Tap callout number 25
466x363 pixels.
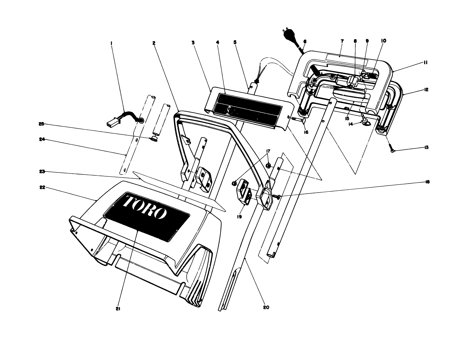click(x=41, y=124)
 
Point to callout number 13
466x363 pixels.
click(x=426, y=148)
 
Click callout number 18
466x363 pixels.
click(x=427, y=182)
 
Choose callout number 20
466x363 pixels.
click(x=266, y=307)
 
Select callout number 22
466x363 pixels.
click(x=42, y=188)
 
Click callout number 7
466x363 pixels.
click(x=342, y=41)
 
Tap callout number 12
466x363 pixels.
click(x=426, y=90)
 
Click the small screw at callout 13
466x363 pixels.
click(x=391, y=149)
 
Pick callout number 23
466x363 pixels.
click(x=42, y=172)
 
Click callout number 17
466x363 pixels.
click(x=268, y=151)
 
